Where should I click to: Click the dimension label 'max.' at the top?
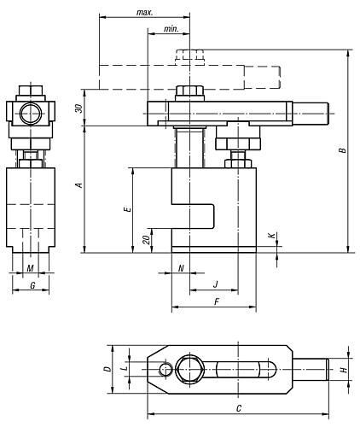coord(145,13)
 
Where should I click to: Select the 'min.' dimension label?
coord(171,29)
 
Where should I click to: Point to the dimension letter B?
coord(343,149)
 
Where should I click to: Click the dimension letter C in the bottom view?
coord(239,408)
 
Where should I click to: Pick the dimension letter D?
coord(107,369)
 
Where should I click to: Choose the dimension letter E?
coord(128,209)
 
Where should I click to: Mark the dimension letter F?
coord(217,301)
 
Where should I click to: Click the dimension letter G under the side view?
coord(32,285)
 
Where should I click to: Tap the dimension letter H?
coord(344,370)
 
